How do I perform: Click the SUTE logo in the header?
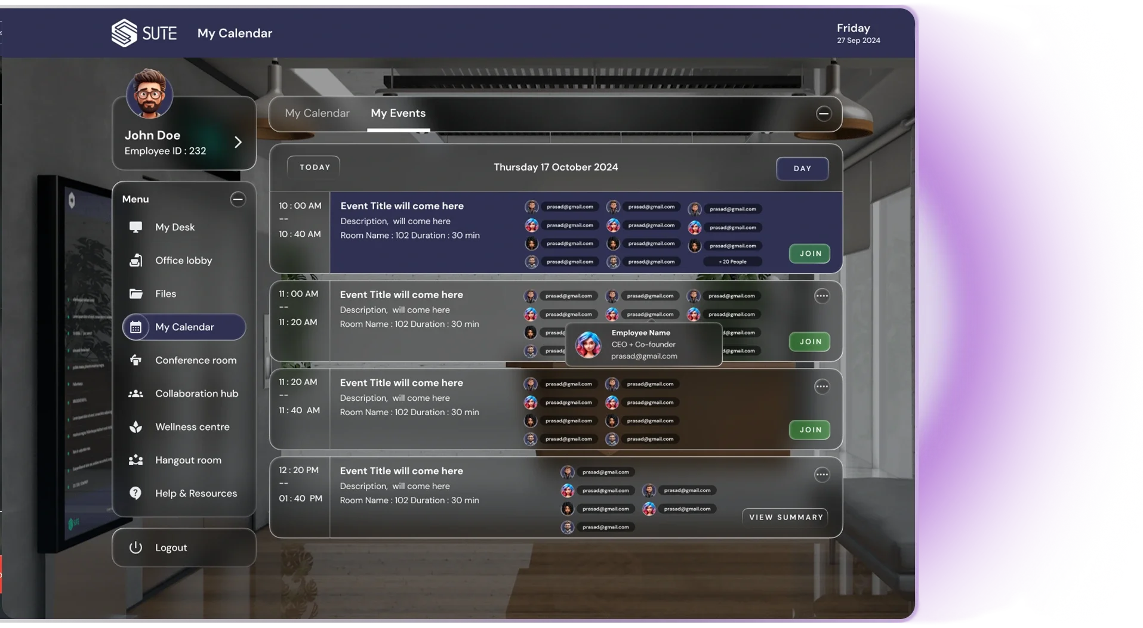point(144,33)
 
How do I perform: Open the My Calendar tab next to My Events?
point(317,113)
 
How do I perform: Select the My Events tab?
point(398,113)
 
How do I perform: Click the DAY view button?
point(802,169)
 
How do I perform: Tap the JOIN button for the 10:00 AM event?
point(810,253)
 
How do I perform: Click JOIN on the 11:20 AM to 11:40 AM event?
point(810,429)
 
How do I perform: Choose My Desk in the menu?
point(174,227)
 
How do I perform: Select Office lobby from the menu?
point(183,261)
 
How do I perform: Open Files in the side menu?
point(165,294)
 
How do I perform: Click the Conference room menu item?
point(195,360)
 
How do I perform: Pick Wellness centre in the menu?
point(192,427)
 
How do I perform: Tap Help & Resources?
point(196,493)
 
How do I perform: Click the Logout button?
point(171,547)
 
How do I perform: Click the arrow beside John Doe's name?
point(238,142)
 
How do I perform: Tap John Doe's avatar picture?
point(149,94)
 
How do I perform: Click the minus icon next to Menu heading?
point(238,199)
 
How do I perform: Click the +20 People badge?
point(732,262)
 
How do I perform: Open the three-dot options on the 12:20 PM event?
point(822,475)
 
